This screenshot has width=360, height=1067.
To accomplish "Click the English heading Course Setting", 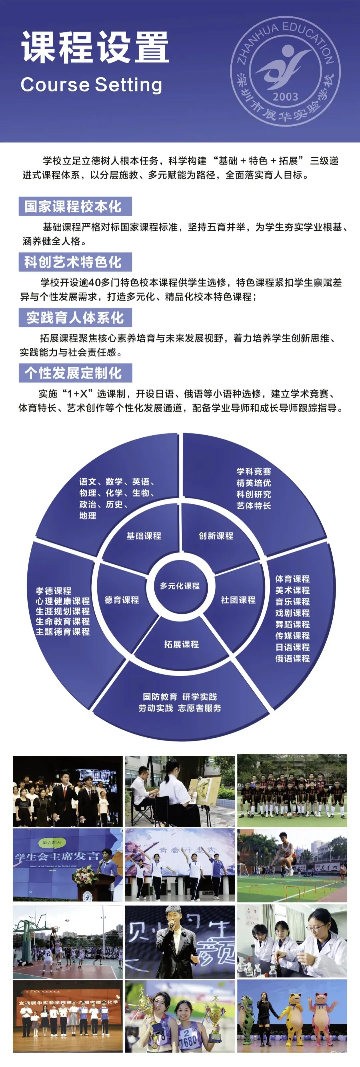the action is click(91, 85).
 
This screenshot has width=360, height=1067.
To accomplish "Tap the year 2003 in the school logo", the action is click(285, 97).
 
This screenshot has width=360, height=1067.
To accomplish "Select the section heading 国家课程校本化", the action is click(75, 206).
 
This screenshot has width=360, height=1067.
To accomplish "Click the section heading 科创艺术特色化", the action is click(75, 262).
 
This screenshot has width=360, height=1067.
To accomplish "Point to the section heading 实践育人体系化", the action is click(75, 318).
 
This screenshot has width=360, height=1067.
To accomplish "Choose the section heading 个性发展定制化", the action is click(75, 373).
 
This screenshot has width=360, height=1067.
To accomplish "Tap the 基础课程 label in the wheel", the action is click(144, 535).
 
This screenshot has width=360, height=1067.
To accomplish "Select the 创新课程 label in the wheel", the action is click(216, 535).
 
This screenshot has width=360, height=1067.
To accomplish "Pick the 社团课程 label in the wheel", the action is click(238, 600).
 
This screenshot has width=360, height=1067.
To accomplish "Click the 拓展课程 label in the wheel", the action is click(181, 644).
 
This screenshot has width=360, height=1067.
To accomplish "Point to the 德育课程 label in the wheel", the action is click(122, 600).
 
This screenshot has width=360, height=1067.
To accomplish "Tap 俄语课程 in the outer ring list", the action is click(292, 658).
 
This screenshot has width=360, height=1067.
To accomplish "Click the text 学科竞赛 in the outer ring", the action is click(254, 472).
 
